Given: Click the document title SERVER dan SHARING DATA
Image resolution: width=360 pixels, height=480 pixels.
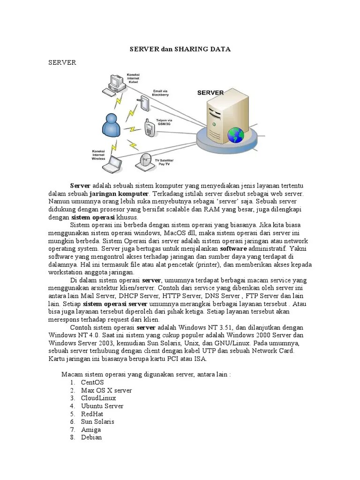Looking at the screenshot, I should coord(180,49).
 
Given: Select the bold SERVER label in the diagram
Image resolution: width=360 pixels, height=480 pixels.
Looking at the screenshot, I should coord(210,93).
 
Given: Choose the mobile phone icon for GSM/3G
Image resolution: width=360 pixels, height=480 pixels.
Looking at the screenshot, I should coord(149,128).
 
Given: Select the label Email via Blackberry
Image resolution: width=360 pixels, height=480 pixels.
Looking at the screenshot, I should coord(160,92).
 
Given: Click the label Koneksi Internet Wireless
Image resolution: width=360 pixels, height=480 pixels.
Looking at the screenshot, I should coord(98,155).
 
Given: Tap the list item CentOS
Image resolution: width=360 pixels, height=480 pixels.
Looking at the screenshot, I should coord(92,382).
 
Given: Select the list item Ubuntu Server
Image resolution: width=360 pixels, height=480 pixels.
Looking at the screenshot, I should coord(102,406).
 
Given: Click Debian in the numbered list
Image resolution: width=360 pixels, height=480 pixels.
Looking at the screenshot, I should coord(91,437).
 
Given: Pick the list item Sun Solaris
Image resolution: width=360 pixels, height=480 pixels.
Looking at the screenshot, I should coord(97,421).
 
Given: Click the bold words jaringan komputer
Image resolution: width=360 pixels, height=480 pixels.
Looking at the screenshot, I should coord(119,193).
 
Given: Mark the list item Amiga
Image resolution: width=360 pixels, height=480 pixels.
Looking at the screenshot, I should coord(91,429).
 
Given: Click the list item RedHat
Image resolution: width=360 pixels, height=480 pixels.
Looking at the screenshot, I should coord(92,414).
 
